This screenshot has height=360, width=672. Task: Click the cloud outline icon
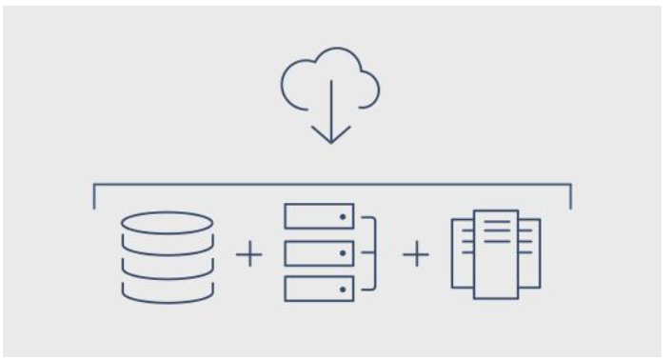coord(330,80)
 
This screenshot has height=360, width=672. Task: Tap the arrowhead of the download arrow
coord(330,138)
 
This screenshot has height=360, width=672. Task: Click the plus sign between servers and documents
coord(417,254)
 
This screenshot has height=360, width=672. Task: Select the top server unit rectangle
coord(319,217)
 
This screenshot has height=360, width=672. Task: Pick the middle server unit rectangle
coord(319,252)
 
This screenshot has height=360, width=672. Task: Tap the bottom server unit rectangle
coord(319,288)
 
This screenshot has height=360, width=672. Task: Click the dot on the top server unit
coord(342,217)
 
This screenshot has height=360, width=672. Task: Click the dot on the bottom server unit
coord(342,288)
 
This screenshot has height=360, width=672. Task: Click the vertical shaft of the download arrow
coord(330,110)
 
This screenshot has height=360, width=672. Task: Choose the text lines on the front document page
coord(497,232)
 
